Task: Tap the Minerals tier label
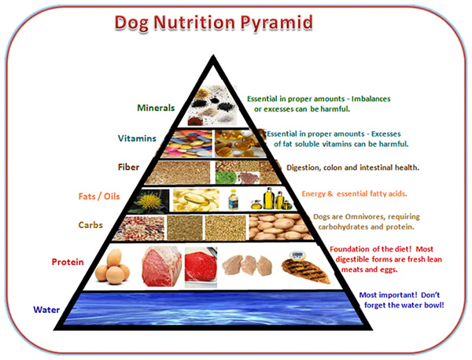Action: coord(156,108)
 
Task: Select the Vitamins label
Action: coord(137,138)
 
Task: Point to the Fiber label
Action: coord(128,167)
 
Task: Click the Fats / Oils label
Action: coord(99,196)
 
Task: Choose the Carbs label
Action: coord(90,225)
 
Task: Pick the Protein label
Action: coord(68,262)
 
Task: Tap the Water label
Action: coord(46,310)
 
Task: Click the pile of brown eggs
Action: coord(112,266)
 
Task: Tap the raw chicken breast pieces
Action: coord(247,265)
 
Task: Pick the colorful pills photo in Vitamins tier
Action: coord(187,143)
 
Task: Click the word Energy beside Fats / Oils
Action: coord(314,194)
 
